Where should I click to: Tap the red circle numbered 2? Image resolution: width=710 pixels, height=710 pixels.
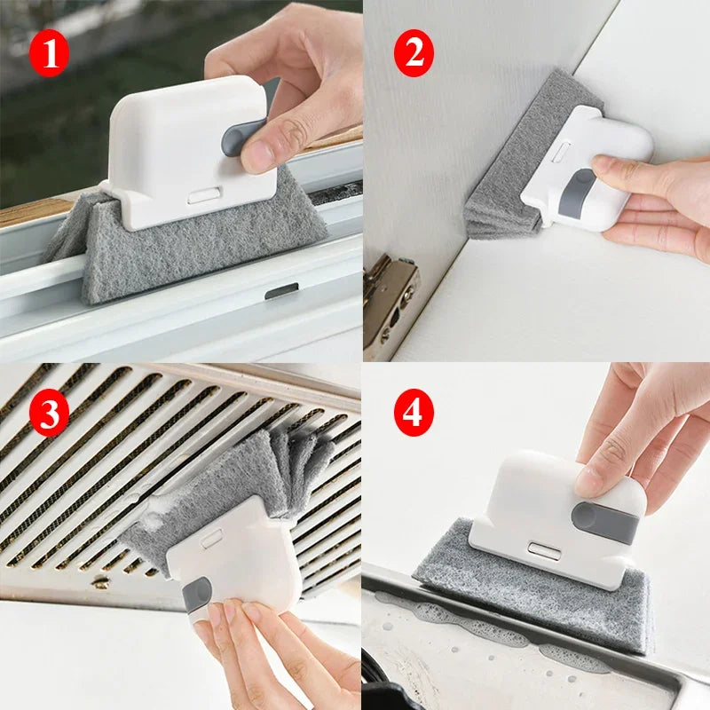(414, 53)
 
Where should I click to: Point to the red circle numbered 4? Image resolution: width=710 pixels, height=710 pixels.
(413, 414)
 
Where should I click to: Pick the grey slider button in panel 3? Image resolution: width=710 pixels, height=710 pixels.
(197, 595)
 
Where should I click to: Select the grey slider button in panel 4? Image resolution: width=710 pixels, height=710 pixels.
(603, 522)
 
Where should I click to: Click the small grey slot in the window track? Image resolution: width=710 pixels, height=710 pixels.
(280, 291)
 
